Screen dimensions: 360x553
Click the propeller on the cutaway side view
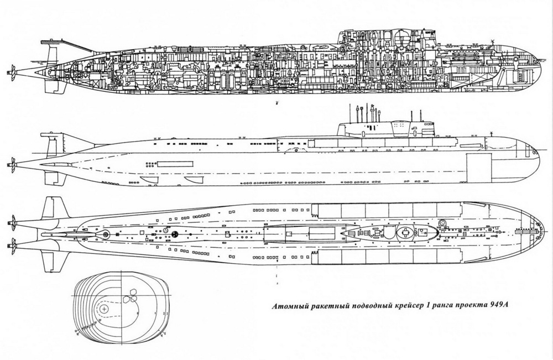(x=11, y=72)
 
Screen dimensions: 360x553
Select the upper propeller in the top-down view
(x=11, y=222)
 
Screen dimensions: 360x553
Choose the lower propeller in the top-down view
(x=11, y=241)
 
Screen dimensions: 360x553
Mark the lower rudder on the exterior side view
(x=51, y=178)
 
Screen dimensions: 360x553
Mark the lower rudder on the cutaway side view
(x=51, y=87)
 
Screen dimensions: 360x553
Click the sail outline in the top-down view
(x=387, y=232)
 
